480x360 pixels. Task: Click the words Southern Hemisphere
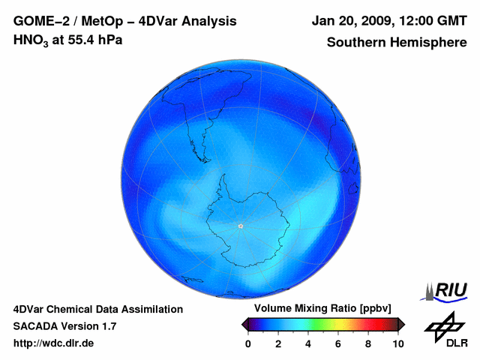click(396, 42)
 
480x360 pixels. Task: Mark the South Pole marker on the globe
click(240, 226)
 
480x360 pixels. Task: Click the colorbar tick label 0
click(248, 344)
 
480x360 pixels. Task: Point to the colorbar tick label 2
click(278, 344)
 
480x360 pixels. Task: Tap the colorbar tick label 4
click(308, 344)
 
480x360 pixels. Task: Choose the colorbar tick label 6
click(338, 344)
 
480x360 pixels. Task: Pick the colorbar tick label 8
click(368, 344)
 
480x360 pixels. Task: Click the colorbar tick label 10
click(397, 344)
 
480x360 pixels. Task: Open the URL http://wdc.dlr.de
click(54, 343)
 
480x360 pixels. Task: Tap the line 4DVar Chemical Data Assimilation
click(98, 309)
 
